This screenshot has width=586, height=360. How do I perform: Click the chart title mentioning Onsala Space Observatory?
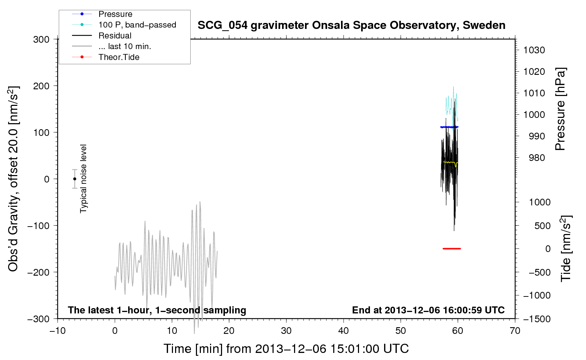(x=351, y=25)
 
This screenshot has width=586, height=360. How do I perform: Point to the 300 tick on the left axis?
(x=41, y=40)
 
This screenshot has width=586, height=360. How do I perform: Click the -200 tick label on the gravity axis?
(x=38, y=272)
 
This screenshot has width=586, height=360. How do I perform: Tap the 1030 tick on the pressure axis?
(x=534, y=50)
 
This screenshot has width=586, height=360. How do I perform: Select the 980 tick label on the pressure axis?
(x=537, y=158)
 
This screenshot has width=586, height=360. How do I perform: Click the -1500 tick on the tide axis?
(x=537, y=319)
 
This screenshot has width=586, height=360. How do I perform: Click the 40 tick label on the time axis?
(x=343, y=331)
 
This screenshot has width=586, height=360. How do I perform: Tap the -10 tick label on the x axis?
(x=58, y=331)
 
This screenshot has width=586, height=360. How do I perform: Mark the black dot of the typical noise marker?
(x=74, y=179)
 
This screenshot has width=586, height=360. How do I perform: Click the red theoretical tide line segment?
(x=452, y=248)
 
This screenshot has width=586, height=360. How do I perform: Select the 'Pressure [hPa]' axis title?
(x=560, y=109)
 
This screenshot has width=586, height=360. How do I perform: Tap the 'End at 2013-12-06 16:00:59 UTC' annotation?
(x=428, y=310)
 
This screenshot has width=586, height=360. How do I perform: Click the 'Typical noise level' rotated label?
(x=83, y=179)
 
